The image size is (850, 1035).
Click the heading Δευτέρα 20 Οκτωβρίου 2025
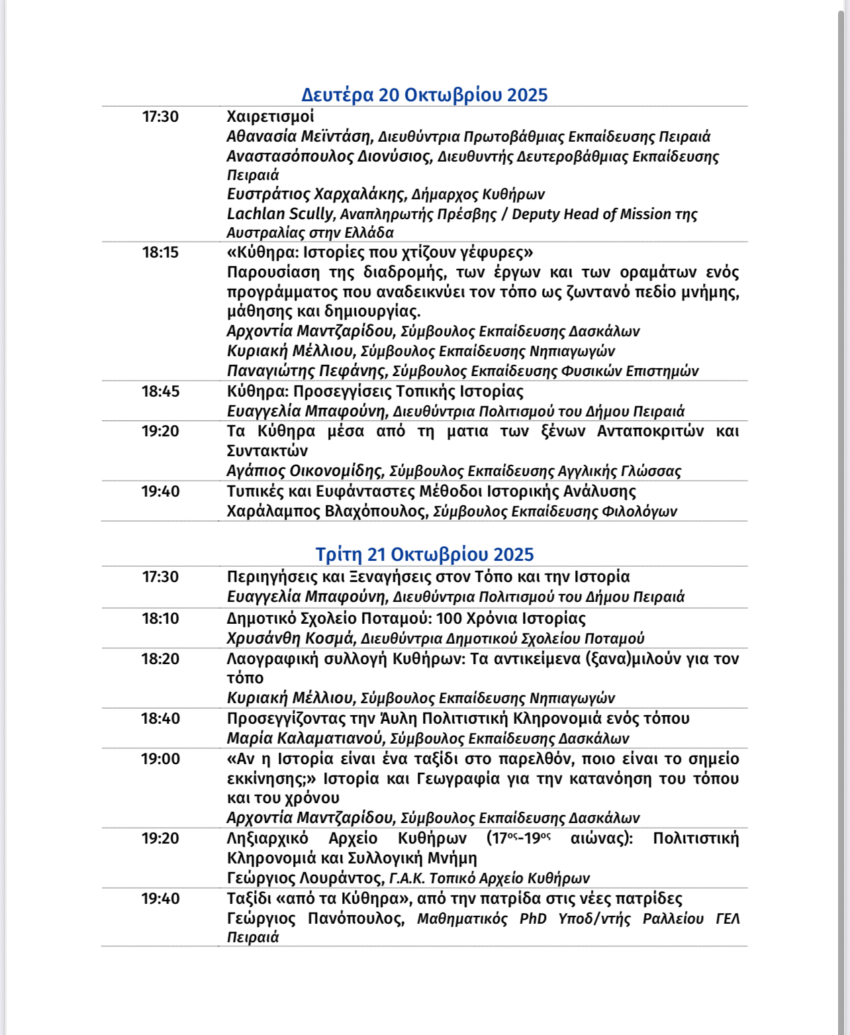coord(424,95)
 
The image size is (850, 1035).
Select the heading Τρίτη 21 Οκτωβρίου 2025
coord(424,554)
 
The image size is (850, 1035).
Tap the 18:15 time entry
coord(160,252)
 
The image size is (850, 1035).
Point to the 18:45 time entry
coord(160,391)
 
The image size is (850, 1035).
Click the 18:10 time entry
coord(160,618)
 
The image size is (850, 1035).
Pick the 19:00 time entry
coord(160,759)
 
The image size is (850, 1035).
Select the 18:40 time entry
coord(160,718)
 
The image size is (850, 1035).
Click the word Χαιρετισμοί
coord(270,117)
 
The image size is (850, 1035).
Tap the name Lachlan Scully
coord(280,214)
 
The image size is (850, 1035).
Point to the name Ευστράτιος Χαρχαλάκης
coord(315,194)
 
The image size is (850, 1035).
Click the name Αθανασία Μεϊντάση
coord(299,136)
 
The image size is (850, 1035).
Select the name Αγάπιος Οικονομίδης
coord(305,471)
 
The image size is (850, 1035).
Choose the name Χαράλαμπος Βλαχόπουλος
coord(326,511)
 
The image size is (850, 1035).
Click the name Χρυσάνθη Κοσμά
coord(290,638)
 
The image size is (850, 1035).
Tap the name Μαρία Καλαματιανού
coord(305,738)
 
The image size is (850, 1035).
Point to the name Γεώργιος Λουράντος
coord(305,878)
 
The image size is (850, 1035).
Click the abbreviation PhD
coord(533,918)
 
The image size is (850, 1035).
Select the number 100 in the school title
coord(449,618)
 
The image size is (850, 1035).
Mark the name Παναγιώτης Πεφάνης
coord(306,371)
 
